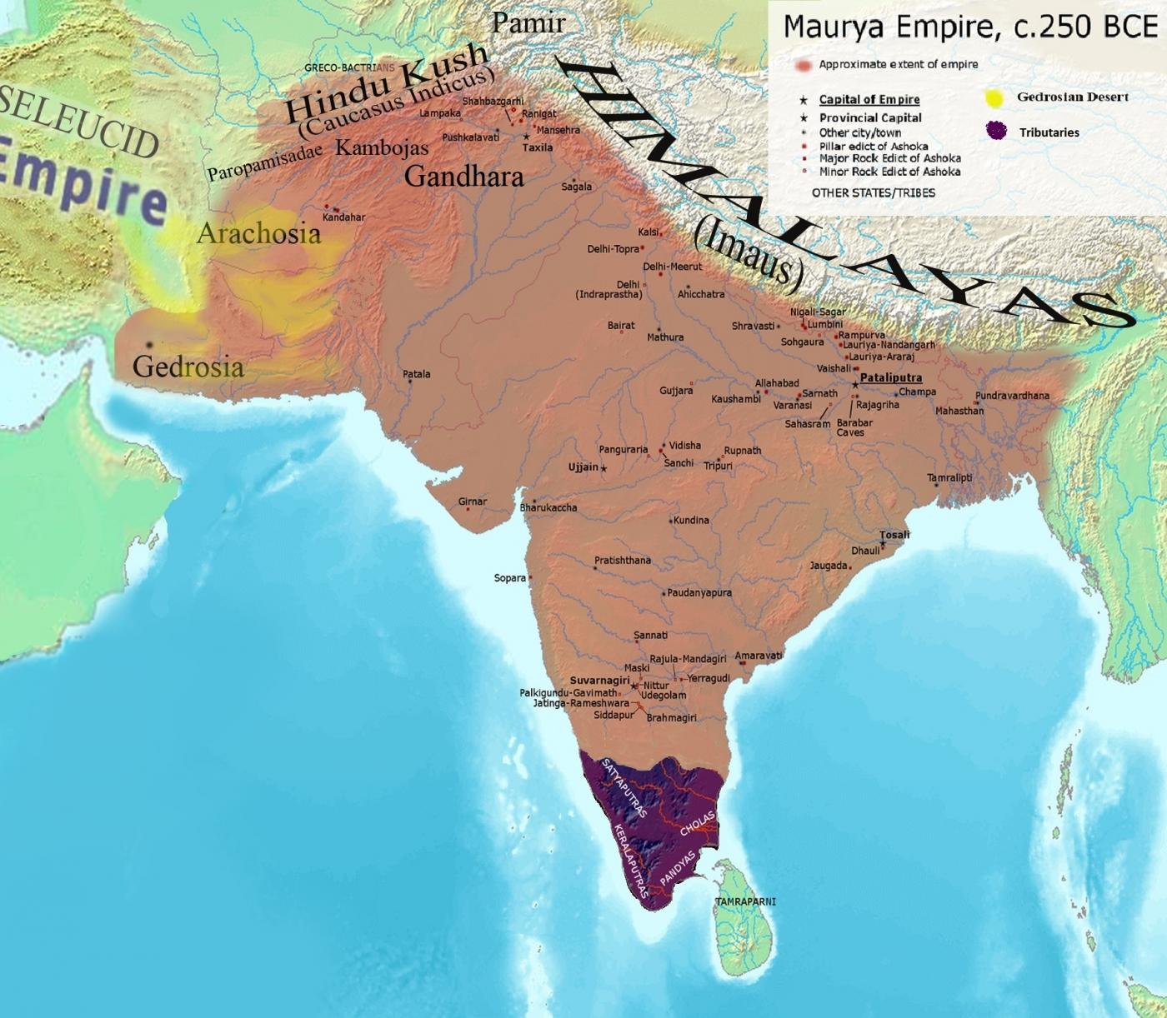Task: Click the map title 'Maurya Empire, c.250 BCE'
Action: pos(970,27)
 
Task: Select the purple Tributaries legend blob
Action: pos(995,131)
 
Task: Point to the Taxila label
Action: pos(537,147)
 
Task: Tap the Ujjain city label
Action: pos(583,467)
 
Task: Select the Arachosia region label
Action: pos(258,234)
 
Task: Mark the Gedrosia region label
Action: pos(188,367)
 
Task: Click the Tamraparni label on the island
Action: pos(744,901)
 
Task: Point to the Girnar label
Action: pos(472,502)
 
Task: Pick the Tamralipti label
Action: pos(949,477)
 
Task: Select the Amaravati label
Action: pos(758,656)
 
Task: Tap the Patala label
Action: pos(417,374)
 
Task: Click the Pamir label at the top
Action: pos(528,23)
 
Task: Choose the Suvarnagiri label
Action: pos(599,680)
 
